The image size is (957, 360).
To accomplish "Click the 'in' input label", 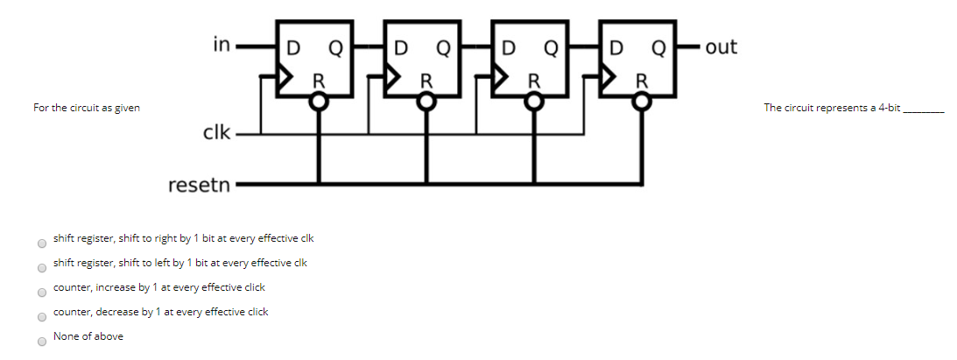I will click(222, 44).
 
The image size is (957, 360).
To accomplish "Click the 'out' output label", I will click(721, 46).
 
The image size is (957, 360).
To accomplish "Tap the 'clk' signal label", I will click(216, 133).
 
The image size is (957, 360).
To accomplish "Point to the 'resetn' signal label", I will click(199, 186).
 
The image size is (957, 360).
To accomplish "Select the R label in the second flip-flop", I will click(426, 81).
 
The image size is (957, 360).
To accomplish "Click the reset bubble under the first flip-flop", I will click(320, 102).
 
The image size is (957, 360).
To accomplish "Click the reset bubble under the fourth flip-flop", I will click(643, 102).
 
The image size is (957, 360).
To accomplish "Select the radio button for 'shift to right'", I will click(40, 244).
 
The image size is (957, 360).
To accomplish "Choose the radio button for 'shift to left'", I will click(40, 268).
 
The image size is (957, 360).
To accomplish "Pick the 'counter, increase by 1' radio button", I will click(40, 293).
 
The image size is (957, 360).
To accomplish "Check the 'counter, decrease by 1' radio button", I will click(40, 317).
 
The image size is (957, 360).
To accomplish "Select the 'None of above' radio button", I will click(40, 342).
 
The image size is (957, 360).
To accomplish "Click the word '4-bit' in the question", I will click(889, 108).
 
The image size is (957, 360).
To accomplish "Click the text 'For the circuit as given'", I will click(86, 108).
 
